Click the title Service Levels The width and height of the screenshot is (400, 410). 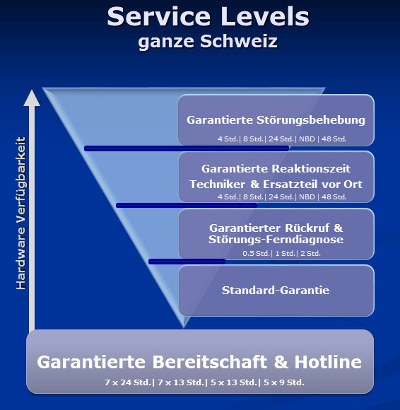pos(208,17)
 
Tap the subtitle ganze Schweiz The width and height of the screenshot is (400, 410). pos(208,42)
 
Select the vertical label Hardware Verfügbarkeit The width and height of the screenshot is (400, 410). pos(21,213)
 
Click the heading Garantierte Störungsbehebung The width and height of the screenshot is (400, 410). pos(276,120)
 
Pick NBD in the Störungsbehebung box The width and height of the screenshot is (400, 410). pos(307,139)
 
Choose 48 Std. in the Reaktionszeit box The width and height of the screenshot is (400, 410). pos(334,197)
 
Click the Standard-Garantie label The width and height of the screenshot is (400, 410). pos(276,290)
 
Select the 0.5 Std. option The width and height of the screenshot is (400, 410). pos(256,254)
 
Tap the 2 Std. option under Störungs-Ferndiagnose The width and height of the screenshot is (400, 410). pos(310,254)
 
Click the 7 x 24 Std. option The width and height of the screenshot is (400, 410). pos(128,382)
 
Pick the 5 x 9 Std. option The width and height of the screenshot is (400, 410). pos(284,382)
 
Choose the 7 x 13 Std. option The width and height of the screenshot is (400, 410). pos(180,382)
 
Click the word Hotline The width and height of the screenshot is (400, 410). pos(328,362)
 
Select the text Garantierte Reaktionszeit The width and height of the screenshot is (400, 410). pos(276,169)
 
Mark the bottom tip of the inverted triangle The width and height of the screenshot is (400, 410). pos(184,328)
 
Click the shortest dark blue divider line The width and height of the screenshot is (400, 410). pos(187,261)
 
